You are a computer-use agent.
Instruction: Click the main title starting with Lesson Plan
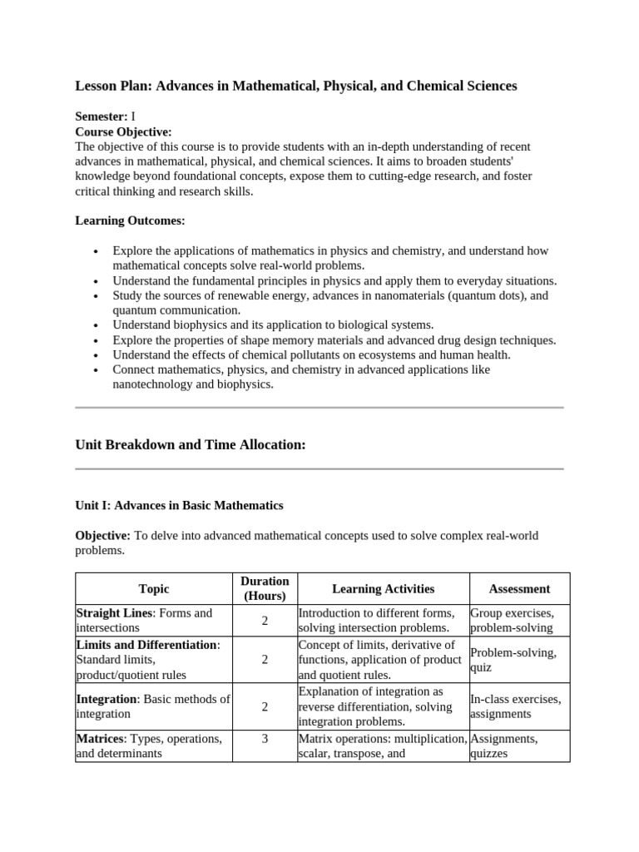(296, 86)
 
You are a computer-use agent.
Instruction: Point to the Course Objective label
(123, 131)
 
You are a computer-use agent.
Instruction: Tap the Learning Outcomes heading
(131, 220)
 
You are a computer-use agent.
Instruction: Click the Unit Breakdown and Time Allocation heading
(191, 444)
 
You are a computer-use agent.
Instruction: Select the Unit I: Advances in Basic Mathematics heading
(179, 505)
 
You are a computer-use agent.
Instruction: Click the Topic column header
(154, 589)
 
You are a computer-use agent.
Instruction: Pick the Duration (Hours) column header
(265, 588)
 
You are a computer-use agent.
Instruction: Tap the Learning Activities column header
(383, 589)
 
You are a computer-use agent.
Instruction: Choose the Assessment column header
(519, 589)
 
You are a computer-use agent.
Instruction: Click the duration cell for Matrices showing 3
(265, 738)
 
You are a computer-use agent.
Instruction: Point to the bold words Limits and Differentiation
(146, 645)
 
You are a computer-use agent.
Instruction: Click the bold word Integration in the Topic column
(106, 699)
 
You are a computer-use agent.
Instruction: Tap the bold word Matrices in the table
(102, 739)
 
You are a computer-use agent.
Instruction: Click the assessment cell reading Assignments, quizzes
(504, 746)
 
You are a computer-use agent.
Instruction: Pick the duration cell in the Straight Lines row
(265, 621)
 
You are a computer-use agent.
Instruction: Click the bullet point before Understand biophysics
(98, 325)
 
